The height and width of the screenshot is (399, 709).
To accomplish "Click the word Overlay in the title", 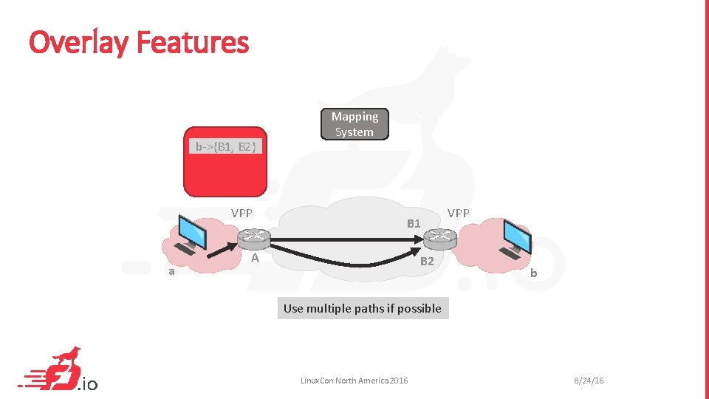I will coord(78,43).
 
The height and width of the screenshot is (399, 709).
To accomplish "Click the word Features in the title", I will coord(193,43).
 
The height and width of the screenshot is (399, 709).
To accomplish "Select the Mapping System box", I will coord(354,124).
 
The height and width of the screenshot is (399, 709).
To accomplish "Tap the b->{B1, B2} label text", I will coord(225,146).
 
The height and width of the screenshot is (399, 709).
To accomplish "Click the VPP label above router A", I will coord(242,213).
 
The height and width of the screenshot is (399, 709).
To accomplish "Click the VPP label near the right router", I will coord(458,213).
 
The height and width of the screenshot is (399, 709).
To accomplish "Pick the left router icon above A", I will coord(254,237).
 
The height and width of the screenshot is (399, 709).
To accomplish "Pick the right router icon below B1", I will coord(440,237).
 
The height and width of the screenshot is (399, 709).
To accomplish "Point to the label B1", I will coord(414,223).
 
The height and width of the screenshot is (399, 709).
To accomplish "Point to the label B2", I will coord(427,261).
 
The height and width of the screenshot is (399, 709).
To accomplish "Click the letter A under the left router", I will coord(255,259).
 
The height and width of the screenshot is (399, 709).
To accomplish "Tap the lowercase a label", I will coord(171,271).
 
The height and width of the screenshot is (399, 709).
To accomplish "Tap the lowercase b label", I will coord(533,273).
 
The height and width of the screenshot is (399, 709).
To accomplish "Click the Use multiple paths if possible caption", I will coord(363,308).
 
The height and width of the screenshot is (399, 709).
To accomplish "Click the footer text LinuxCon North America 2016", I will coord(354,381).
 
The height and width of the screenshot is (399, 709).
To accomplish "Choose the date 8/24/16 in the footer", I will coord(589,381).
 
